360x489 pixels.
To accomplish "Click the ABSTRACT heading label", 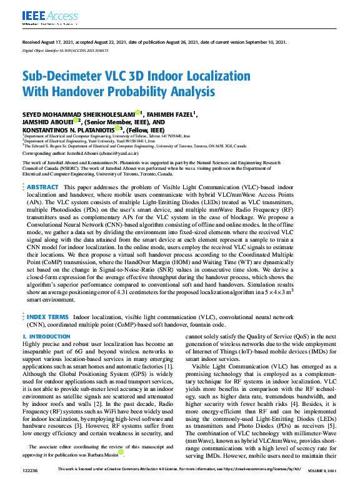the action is [x=43, y=169].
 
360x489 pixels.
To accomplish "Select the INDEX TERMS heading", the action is [x=48, y=317].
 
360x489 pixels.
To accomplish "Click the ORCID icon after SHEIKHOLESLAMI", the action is [x=139, y=112].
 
